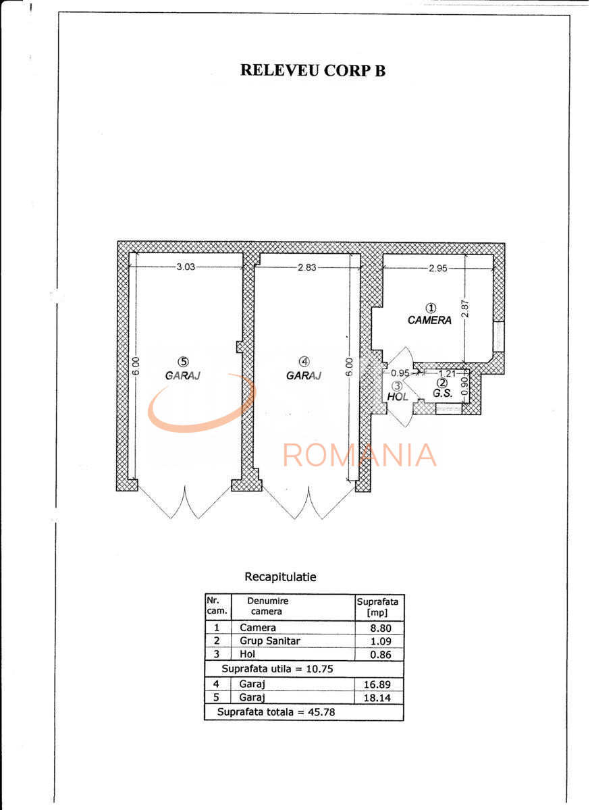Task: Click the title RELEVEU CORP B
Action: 313,70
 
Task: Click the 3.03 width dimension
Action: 186,267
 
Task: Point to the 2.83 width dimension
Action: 307,267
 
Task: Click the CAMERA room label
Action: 429,321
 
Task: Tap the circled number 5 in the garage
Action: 182,360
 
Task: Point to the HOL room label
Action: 397,397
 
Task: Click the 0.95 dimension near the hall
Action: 401,373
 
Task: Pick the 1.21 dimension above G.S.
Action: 446,373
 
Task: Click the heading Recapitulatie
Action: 280,577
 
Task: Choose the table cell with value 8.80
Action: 379,628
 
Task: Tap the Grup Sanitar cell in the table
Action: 270,641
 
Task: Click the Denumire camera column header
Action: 268,606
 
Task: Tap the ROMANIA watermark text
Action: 360,455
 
